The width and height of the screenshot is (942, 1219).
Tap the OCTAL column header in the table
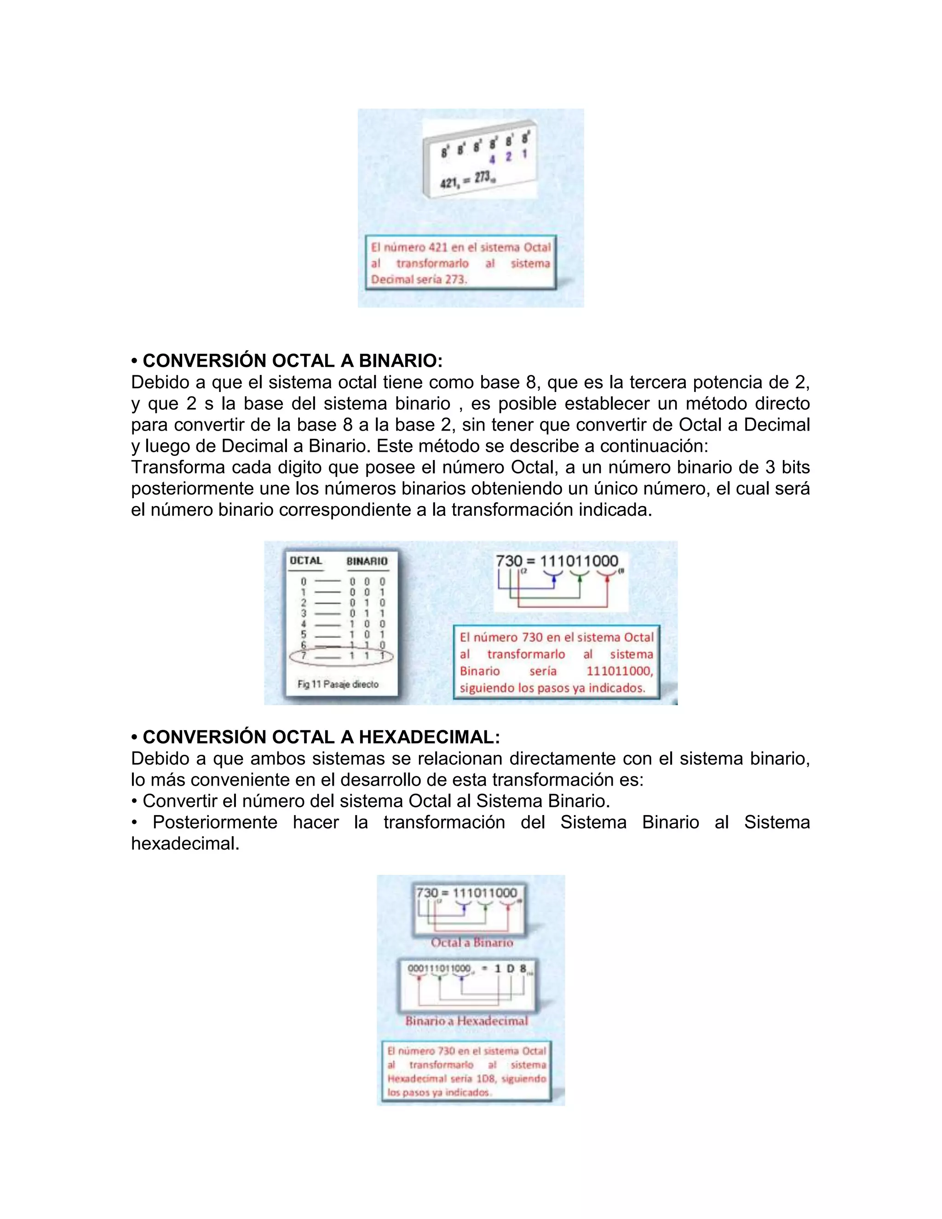(306, 561)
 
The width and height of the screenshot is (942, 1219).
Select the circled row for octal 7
(342, 656)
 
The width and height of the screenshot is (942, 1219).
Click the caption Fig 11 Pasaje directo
(338, 684)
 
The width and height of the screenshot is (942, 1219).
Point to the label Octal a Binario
(471, 943)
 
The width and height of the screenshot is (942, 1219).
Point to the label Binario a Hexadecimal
(466, 1021)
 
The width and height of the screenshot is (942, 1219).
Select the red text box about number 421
(460, 263)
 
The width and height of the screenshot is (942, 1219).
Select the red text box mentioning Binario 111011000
(557, 662)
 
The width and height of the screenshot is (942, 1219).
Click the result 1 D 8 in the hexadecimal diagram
(510, 969)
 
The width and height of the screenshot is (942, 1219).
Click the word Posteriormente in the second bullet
(215, 822)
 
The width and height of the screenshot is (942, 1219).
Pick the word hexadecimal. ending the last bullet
(185, 843)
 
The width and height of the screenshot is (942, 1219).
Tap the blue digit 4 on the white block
(493, 160)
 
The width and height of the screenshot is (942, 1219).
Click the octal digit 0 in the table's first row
(304, 581)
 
